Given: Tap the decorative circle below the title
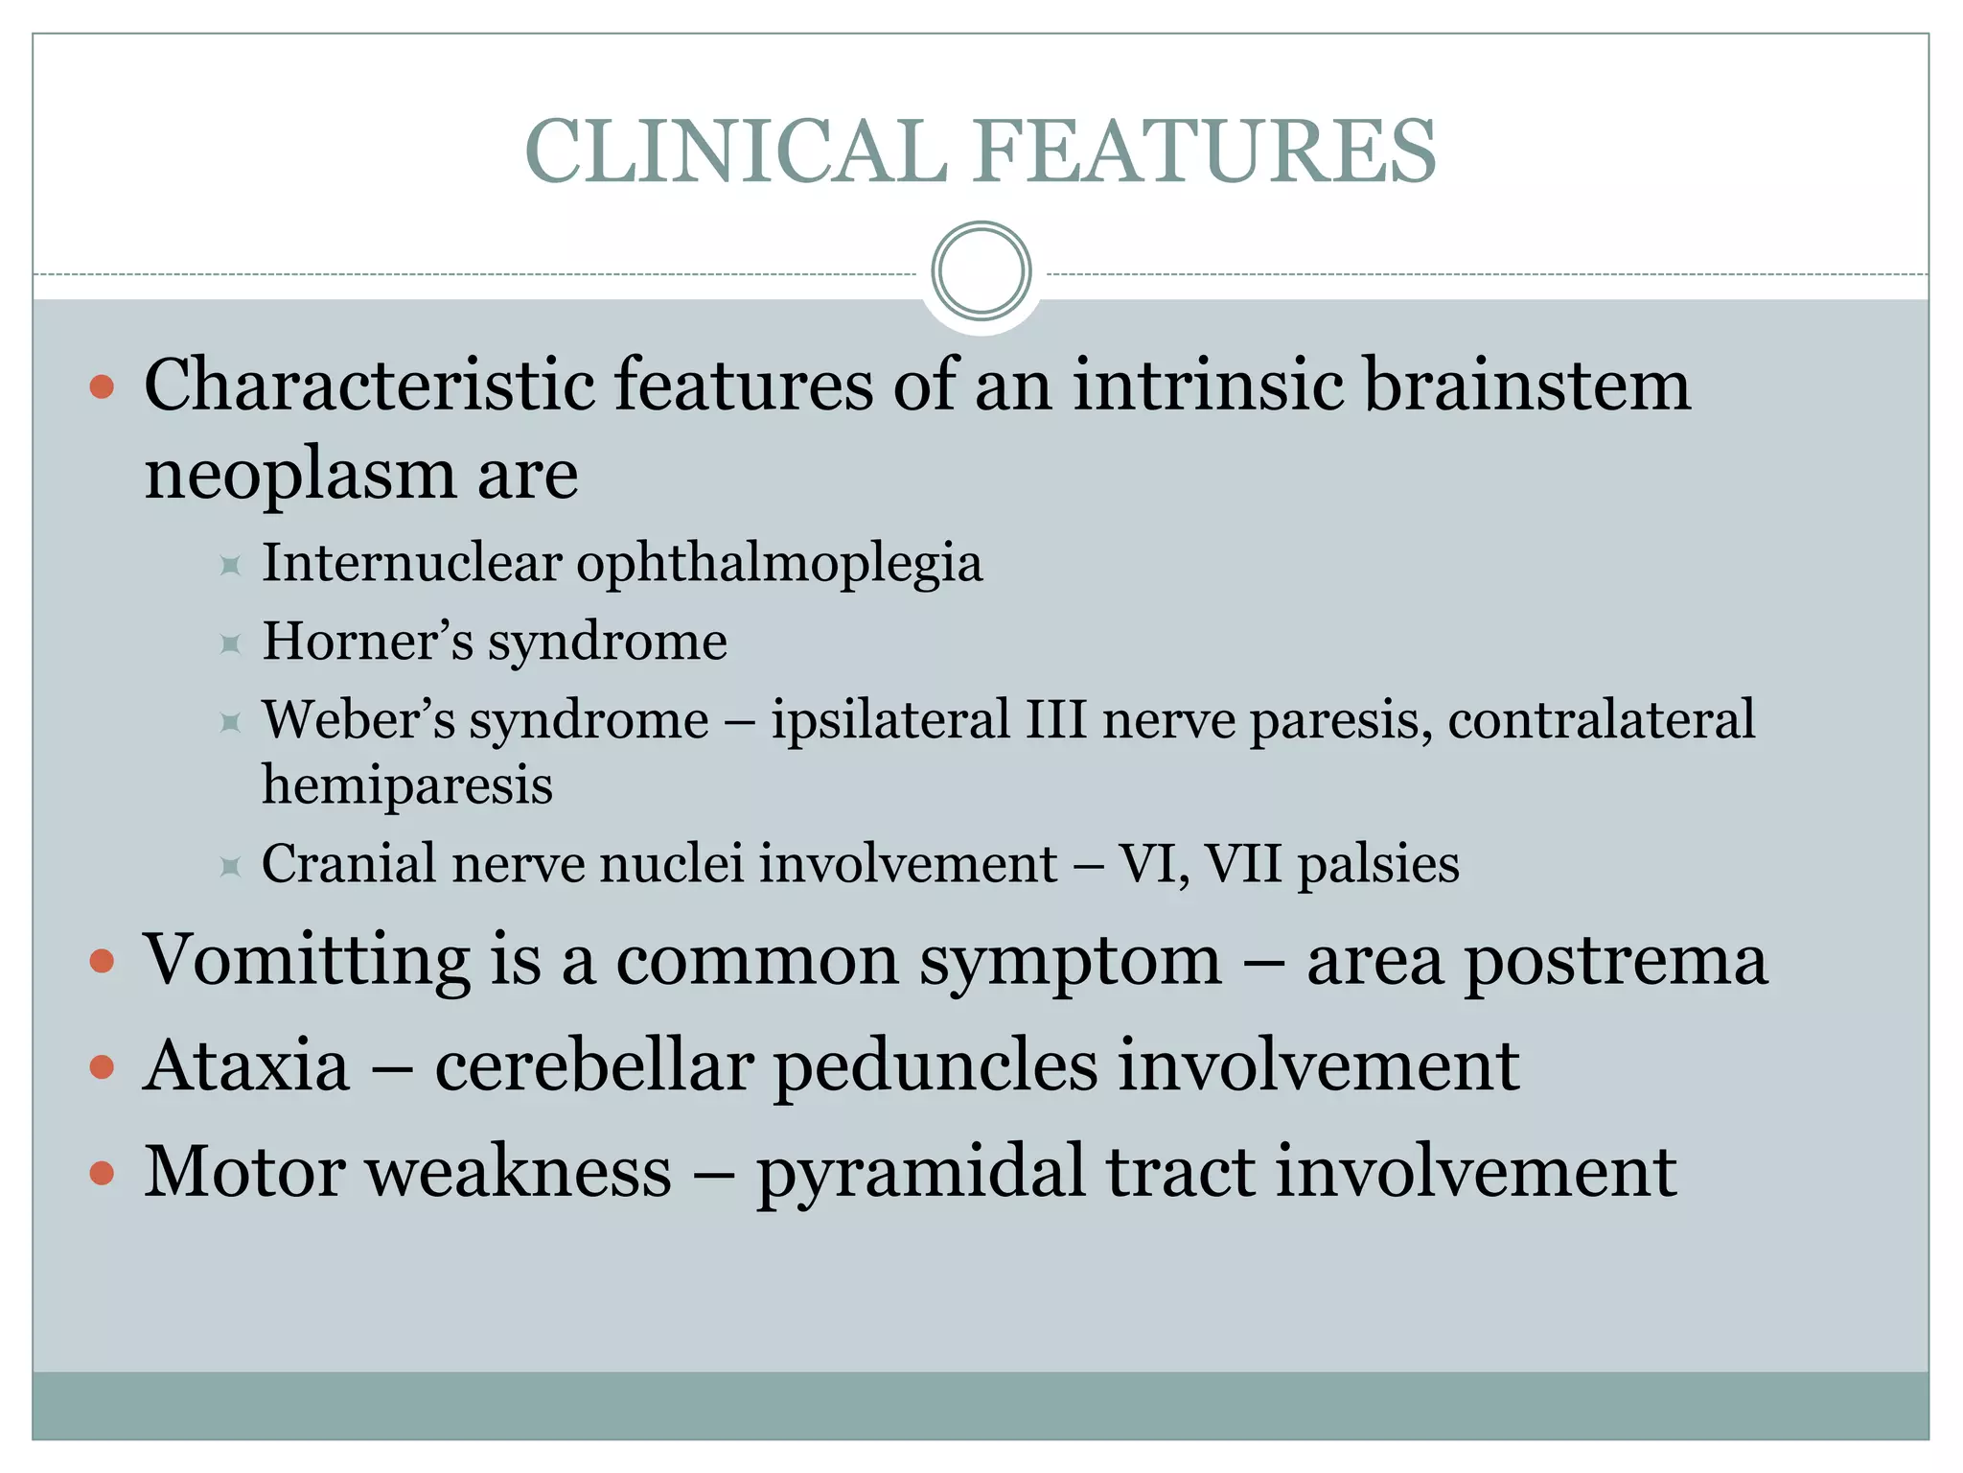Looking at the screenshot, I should (981, 270).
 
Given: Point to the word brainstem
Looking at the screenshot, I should (1527, 385).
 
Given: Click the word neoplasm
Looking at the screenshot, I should (299, 475).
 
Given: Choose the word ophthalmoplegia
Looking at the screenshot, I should (779, 564).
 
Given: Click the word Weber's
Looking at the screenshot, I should (359, 719).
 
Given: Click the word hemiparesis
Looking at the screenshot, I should (407, 785).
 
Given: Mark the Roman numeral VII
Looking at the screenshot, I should (1242, 863).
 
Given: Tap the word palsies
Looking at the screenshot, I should (1378, 864).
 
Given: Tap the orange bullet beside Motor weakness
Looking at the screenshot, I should (102, 1173).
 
